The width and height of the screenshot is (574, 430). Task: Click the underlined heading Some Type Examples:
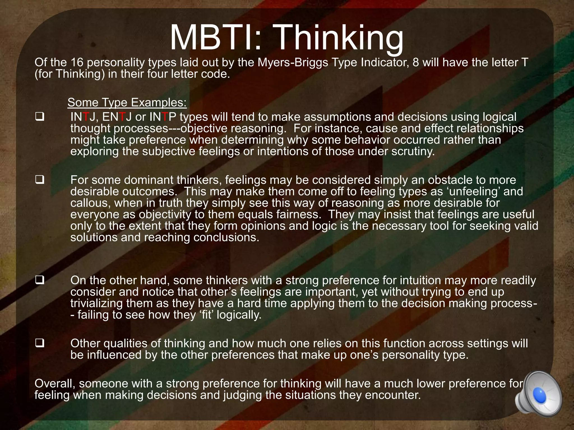[127, 103]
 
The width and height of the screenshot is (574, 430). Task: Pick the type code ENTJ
[117, 117]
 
